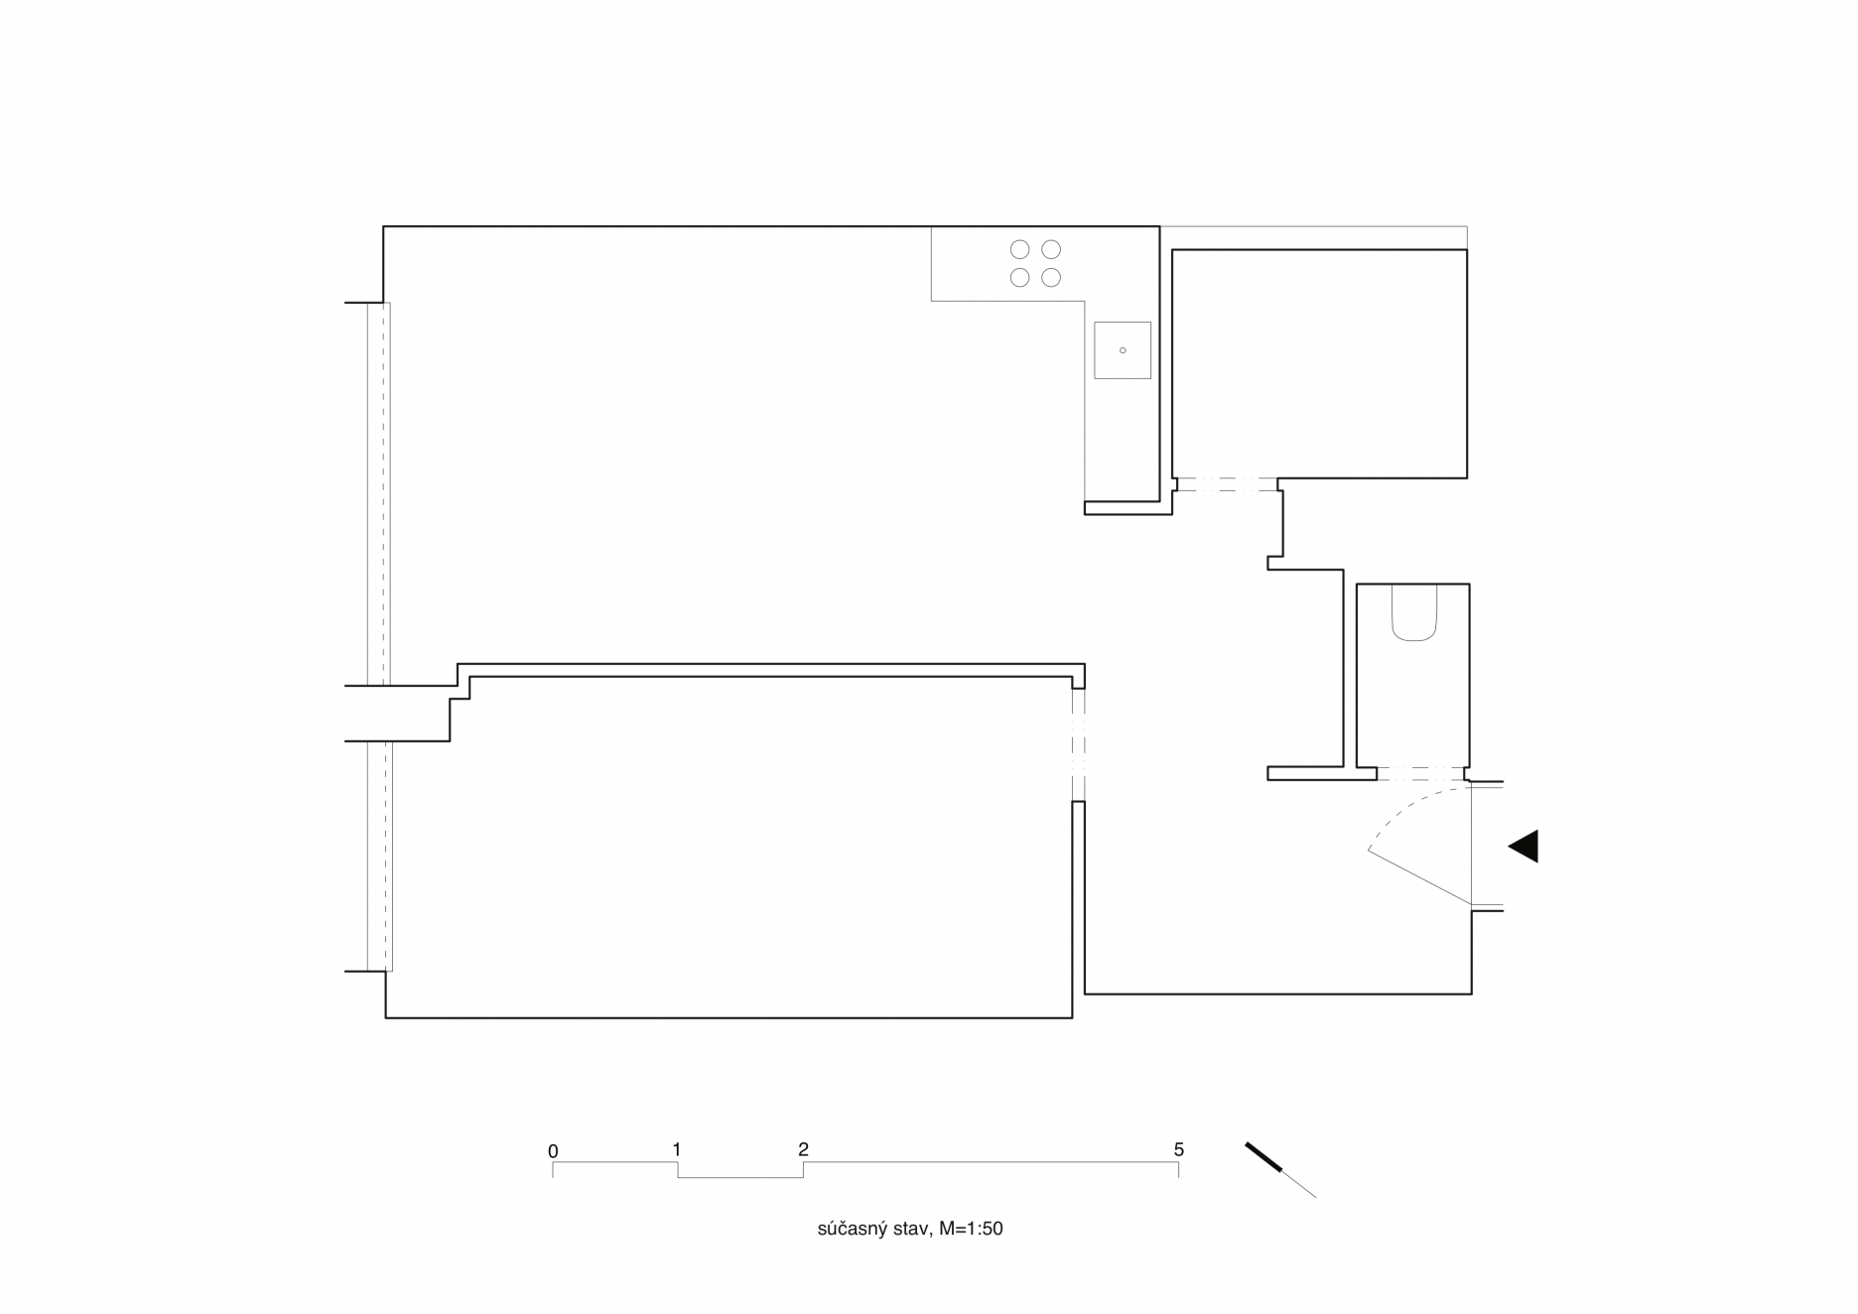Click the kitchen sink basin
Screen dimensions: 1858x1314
click(1123, 350)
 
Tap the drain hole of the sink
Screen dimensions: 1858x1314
click(1123, 350)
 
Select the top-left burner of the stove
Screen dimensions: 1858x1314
click(1019, 249)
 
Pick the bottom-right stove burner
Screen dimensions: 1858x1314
click(1051, 278)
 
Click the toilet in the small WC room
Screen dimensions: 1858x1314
click(1414, 611)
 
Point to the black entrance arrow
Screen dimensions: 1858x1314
click(1524, 846)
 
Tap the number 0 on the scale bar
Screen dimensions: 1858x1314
click(553, 1151)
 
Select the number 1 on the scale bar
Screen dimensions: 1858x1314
click(677, 1149)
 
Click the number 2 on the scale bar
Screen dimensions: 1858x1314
click(803, 1149)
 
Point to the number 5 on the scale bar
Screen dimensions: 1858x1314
click(1179, 1149)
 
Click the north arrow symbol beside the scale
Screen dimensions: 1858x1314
click(1280, 1170)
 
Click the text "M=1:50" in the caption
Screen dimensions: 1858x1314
click(971, 1229)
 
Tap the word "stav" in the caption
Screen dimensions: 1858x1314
click(913, 1229)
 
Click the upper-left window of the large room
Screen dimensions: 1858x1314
click(378, 494)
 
